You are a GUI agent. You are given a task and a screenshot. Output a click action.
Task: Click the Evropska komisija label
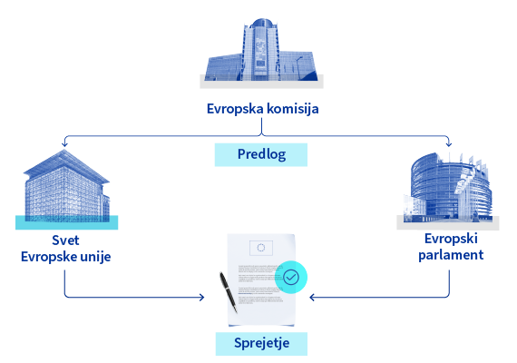[262, 109]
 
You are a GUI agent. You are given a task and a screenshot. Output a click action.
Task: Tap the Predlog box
[261, 154]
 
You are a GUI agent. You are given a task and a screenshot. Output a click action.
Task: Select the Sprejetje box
[261, 344]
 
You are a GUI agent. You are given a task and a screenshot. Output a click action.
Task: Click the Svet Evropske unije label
[66, 249]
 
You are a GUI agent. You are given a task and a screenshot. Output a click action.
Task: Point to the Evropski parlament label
[451, 247]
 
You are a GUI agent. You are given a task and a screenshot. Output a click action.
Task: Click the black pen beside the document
[229, 292]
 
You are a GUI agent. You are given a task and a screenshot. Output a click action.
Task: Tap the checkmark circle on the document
[291, 277]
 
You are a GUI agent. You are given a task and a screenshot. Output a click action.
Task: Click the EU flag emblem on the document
[261, 248]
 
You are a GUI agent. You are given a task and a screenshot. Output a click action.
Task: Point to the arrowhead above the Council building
[64, 143]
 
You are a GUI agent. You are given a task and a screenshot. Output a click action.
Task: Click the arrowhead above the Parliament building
[449, 143]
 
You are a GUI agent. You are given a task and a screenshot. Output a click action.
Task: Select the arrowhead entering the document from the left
[201, 298]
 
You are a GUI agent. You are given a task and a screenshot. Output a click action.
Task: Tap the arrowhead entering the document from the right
[312, 298]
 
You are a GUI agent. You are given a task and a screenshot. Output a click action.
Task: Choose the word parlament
[451, 255]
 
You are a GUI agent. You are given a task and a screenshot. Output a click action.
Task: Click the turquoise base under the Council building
[66, 222]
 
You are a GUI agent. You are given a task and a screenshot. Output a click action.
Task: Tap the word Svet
[65, 240]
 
